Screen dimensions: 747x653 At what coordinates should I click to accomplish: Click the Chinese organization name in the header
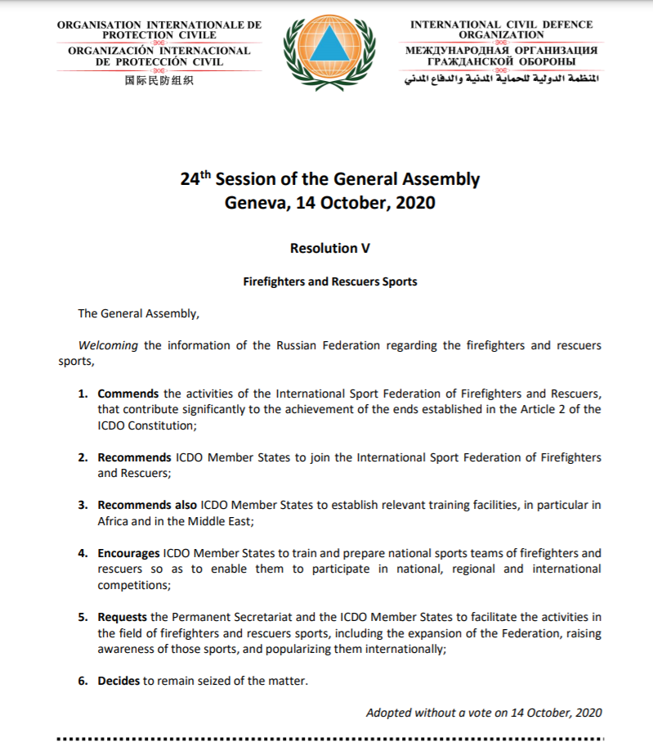click(x=159, y=81)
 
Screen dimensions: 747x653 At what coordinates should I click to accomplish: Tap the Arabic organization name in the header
click(x=502, y=82)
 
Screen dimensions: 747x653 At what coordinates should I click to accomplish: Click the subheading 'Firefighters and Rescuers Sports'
click(x=329, y=281)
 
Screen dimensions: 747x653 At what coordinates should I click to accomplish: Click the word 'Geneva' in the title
click(x=254, y=202)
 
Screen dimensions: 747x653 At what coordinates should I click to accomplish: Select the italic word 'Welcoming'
click(x=108, y=345)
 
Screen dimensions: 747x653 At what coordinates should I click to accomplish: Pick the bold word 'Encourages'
click(x=128, y=553)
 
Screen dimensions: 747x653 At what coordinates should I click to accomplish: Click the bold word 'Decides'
click(x=119, y=680)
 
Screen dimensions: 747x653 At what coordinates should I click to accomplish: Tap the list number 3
click(x=83, y=505)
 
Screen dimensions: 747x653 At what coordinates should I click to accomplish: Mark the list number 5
click(x=83, y=617)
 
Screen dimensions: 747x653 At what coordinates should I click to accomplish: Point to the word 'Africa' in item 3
click(x=114, y=521)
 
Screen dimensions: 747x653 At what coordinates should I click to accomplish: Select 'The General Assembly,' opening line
click(x=138, y=313)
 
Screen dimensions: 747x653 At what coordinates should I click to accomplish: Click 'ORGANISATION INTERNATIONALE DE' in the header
click(x=159, y=25)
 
